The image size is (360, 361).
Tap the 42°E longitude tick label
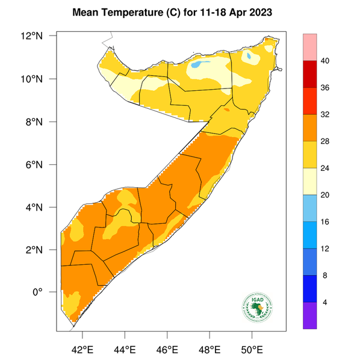(x=82, y=349)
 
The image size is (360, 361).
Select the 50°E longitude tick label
(x=252, y=349)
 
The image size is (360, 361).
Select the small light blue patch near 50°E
(x=249, y=56)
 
